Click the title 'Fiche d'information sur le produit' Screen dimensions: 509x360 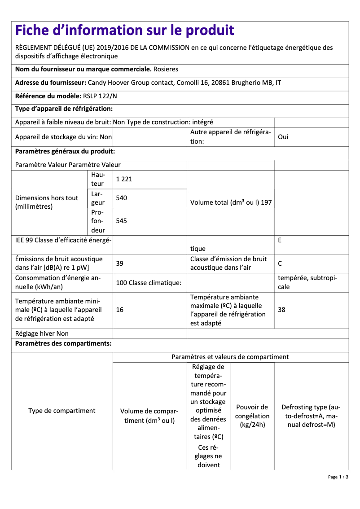click(x=125, y=31)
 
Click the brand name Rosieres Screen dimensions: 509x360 click(x=166, y=70)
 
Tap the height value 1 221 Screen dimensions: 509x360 click(x=124, y=179)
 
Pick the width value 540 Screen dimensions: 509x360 click(x=121, y=198)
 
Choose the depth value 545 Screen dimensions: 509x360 click(x=121, y=221)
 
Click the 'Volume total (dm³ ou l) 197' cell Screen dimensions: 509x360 click(x=231, y=202)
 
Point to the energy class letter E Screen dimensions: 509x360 click(x=280, y=240)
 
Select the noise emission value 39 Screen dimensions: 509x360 click(x=119, y=263)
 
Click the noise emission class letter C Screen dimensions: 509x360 click(x=280, y=263)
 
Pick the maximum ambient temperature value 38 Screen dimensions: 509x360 click(x=281, y=310)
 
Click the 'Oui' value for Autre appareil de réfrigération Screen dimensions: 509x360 click(x=283, y=137)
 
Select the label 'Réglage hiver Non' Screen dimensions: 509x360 click(x=42, y=333)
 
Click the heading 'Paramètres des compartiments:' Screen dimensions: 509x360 click(x=63, y=344)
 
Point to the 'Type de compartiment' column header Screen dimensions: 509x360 click(x=62, y=411)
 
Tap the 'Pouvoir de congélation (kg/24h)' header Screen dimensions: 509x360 click(x=252, y=416)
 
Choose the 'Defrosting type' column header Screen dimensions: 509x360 click(x=311, y=416)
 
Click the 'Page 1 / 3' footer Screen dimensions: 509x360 click(x=338, y=477)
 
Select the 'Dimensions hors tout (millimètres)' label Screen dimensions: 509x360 click(x=47, y=202)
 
